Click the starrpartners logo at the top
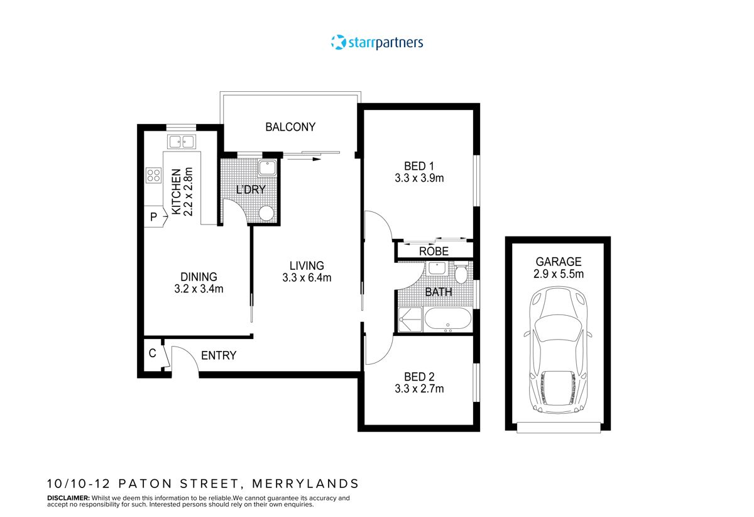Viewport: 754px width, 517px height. coord(377,42)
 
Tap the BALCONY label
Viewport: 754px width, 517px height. coord(290,127)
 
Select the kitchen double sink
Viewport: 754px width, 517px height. coord(181,142)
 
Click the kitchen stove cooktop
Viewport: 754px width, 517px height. coord(153,175)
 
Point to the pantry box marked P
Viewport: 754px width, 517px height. coord(153,217)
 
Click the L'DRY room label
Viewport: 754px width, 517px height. coord(251,189)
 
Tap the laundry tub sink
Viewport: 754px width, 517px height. coord(266,168)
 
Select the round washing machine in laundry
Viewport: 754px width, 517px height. coord(266,213)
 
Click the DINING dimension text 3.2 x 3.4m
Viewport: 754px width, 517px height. coord(199,289)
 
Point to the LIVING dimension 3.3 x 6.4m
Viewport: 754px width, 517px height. coord(307,277)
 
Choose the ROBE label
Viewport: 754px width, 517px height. coord(434,252)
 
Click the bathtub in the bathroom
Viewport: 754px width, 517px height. coord(447,320)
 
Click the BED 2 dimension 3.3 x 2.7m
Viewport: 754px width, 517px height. coord(418,389)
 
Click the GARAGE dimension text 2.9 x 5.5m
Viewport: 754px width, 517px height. coord(558,274)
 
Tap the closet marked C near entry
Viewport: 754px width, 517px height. coord(152,353)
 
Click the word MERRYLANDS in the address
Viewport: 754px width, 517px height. coord(305,484)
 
